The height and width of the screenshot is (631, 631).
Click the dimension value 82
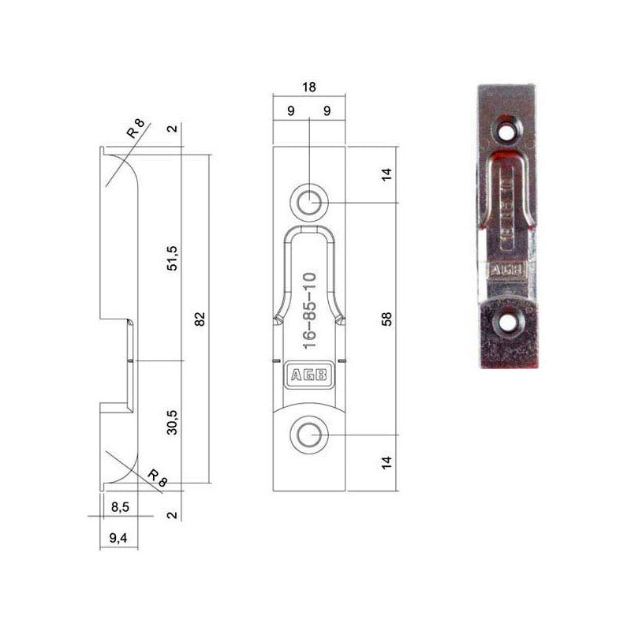tap(200, 319)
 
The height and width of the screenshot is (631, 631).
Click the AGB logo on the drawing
tap(308, 377)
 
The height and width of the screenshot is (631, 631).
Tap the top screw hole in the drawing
tap(309, 201)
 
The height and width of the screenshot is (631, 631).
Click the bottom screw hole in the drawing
tap(309, 434)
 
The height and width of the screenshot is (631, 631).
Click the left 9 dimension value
tap(291, 111)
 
